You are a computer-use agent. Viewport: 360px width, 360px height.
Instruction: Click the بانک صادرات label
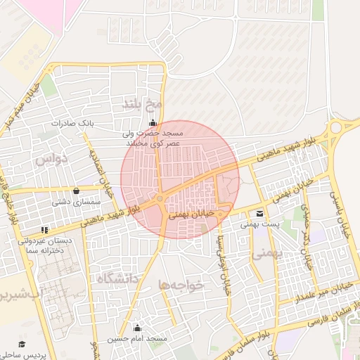click(72, 123)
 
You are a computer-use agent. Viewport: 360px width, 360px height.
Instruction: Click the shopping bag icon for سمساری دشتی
click(76, 191)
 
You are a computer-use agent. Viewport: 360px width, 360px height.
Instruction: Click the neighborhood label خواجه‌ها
click(181, 285)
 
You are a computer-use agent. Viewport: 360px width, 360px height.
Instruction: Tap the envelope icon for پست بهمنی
click(260, 214)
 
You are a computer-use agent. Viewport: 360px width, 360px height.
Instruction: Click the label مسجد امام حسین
click(137, 339)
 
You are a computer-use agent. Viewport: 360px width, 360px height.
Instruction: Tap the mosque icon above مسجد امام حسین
click(137, 328)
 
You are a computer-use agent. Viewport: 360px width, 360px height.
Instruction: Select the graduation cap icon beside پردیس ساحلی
click(22, 344)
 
